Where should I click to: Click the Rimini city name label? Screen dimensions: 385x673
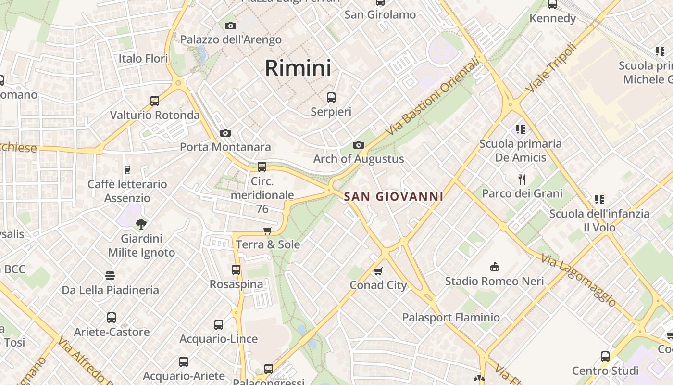[x=298, y=68]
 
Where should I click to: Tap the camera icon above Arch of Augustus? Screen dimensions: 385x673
[x=358, y=145]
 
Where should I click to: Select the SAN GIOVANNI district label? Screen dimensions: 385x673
[x=394, y=197]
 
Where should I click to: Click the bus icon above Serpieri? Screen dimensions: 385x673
[x=331, y=98]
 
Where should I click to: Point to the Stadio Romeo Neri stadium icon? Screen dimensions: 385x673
[x=494, y=267]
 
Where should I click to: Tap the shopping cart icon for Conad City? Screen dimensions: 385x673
[x=378, y=271]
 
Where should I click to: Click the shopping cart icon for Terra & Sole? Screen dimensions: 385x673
[x=268, y=231]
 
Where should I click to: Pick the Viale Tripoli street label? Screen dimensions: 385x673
[x=551, y=68]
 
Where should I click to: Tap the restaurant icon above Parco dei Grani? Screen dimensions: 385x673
[x=522, y=180]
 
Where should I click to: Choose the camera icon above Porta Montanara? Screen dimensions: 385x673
[x=225, y=133]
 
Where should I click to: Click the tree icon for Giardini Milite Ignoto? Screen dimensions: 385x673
[x=141, y=223]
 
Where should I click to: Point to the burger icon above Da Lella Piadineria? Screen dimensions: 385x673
[x=110, y=276]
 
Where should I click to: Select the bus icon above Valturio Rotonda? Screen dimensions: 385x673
[x=155, y=101]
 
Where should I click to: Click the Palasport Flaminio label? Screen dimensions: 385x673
[x=451, y=318]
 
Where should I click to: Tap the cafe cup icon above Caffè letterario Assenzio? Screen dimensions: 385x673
[x=127, y=169]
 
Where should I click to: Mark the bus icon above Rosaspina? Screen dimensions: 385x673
[x=236, y=270]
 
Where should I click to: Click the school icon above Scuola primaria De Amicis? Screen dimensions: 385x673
[x=520, y=129]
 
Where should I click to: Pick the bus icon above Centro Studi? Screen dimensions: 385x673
[x=605, y=357]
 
